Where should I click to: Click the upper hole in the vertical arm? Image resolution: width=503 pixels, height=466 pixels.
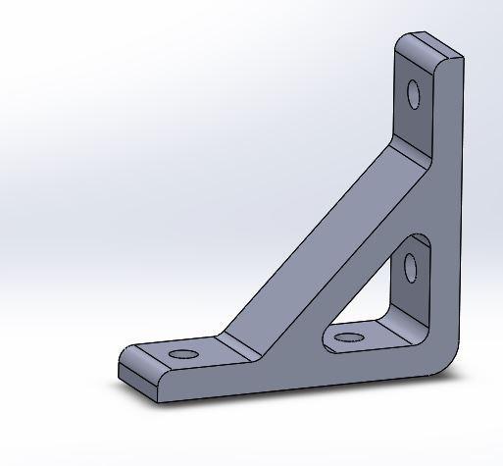click(x=414, y=94)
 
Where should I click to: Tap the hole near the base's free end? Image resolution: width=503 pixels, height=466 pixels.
click(x=181, y=352)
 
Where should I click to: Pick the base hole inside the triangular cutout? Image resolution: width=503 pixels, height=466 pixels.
click(x=348, y=339)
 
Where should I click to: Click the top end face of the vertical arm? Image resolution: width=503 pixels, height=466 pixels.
click(x=428, y=45)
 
